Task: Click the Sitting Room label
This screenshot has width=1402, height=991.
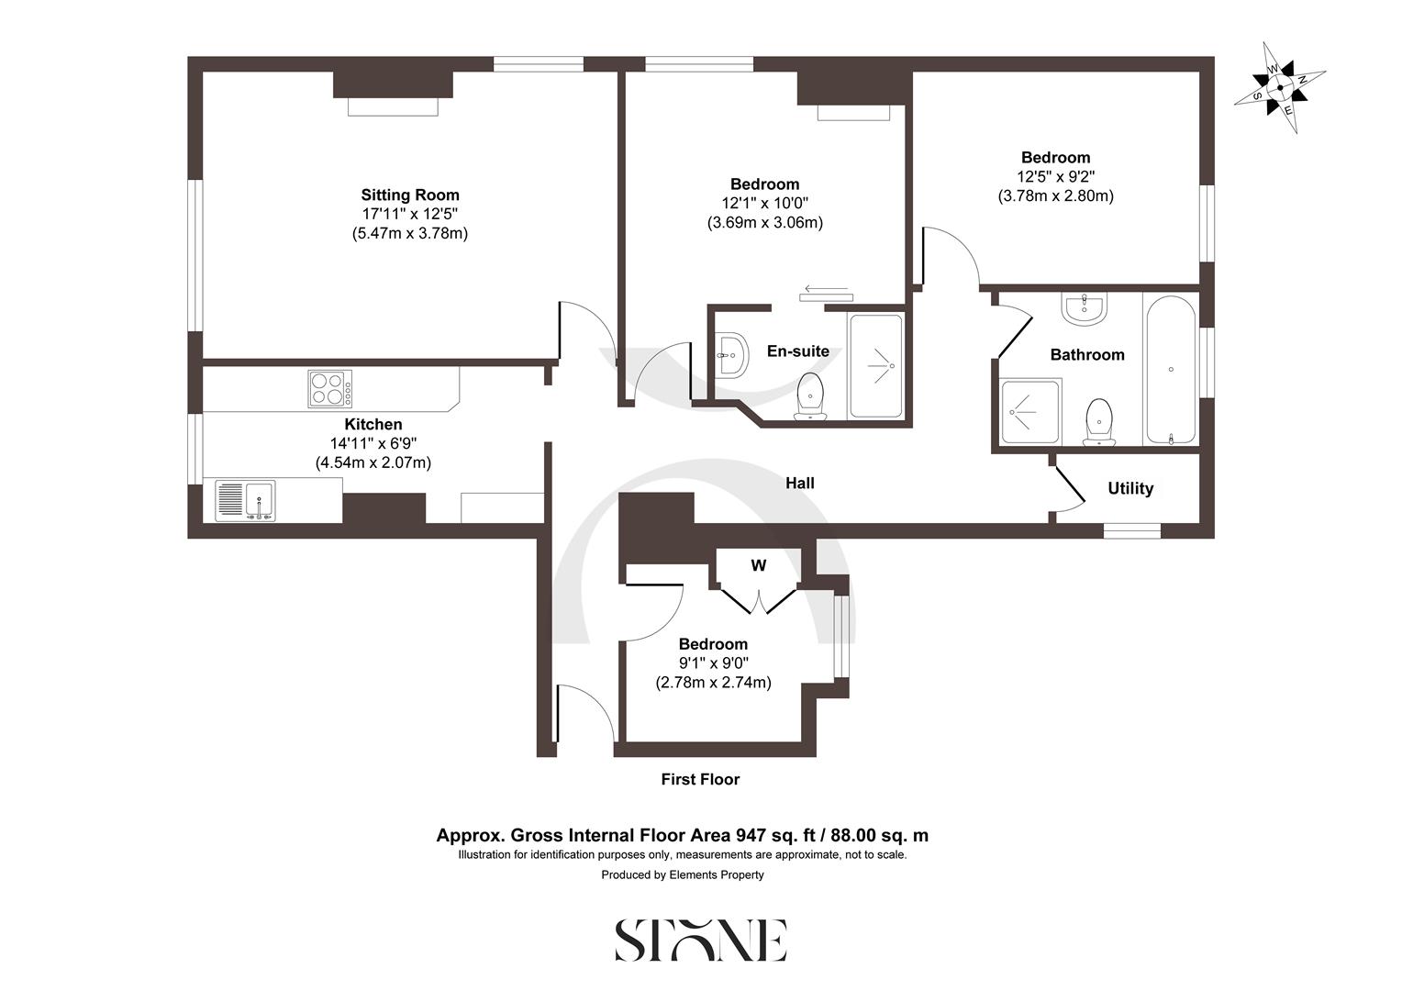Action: pyautogui.click(x=410, y=195)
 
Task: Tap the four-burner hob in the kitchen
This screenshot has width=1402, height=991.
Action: pyautogui.click(x=329, y=388)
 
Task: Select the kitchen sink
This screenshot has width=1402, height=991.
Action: pyautogui.click(x=245, y=501)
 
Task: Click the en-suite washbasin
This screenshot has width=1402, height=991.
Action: pyautogui.click(x=732, y=353)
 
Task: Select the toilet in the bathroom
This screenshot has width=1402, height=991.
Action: pyautogui.click(x=1098, y=422)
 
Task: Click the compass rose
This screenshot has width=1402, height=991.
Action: pyautogui.click(x=1279, y=88)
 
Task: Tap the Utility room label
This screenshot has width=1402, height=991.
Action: pyautogui.click(x=1130, y=488)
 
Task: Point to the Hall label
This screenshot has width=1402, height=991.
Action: pyautogui.click(x=800, y=483)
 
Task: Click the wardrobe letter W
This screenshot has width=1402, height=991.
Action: pyautogui.click(x=758, y=565)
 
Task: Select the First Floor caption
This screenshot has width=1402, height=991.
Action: pyautogui.click(x=700, y=779)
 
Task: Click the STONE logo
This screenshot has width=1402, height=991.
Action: pyautogui.click(x=700, y=941)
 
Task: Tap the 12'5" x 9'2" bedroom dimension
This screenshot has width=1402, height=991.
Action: pyautogui.click(x=1055, y=176)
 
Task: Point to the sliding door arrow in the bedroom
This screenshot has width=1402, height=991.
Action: pyautogui.click(x=826, y=287)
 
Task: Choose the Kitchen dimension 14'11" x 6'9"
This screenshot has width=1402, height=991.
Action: pyautogui.click(x=373, y=443)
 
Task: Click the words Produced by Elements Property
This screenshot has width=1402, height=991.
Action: pyautogui.click(x=683, y=874)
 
